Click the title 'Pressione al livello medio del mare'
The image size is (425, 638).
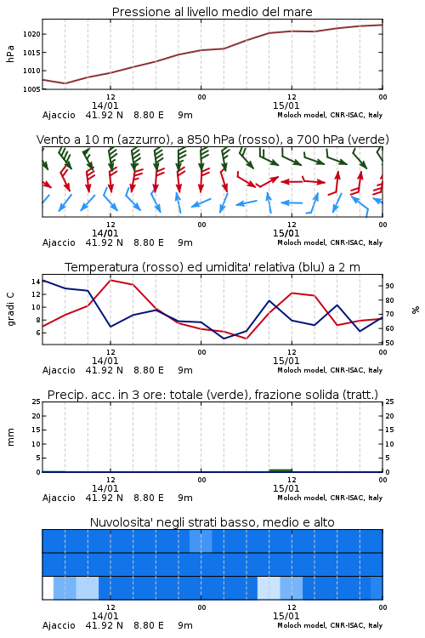pyautogui.click(x=212, y=12)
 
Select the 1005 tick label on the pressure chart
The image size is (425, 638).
pyautogui.click(x=31, y=89)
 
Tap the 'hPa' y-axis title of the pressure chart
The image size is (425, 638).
pyautogui.click(x=10, y=54)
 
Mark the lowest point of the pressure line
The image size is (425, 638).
pyautogui.click(x=65, y=83)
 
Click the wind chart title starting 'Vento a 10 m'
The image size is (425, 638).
pyautogui.click(x=212, y=140)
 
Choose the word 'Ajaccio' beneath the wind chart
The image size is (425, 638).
pyautogui.click(x=59, y=242)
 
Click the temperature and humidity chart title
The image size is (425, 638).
pyautogui.click(x=212, y=267)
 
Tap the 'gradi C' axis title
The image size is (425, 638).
pyautogui.click(x=10, y=310)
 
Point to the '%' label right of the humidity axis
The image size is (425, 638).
pyautogui.click(x=416, y=310)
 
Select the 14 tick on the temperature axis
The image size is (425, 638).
pyautogui.click(x=36, y=282)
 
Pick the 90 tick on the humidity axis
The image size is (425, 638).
pyautogui.click(x=389, y=286)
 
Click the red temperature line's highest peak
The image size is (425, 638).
pyautogui.click(x=110, y=280)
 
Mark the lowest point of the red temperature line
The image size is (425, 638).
pyautogui.click(x=246, y=338)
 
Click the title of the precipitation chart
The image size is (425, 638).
pyautogui.click(x=212, y=395)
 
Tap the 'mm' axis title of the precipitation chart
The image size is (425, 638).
pyautogui.click(x=10, y=437)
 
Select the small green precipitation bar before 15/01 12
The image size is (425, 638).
pyautogui.click(x=280, y=470)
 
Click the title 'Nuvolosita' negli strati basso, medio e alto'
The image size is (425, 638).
pyautogui.click(x=212, y=522)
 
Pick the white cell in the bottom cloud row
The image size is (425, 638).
pyautogui.click(x=48, y=588)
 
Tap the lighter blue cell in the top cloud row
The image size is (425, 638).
pyautogui.click(x=201, y=541)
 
